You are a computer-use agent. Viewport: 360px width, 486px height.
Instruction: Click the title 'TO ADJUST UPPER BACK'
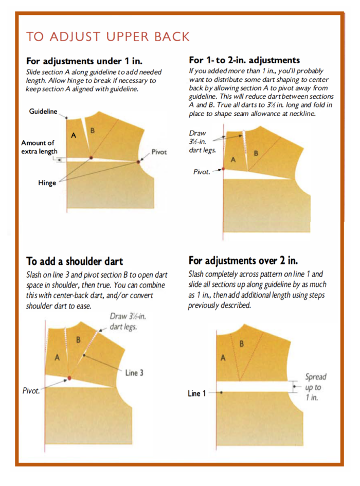click(107, 37)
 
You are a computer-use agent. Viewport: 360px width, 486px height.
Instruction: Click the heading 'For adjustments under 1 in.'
click(84, 61)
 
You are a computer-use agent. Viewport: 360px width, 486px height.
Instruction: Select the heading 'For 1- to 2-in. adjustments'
click(244, 60)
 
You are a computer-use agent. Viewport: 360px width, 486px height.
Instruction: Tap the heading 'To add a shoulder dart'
click(75, 261)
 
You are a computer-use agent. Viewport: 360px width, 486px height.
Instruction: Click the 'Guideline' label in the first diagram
click(43, 111)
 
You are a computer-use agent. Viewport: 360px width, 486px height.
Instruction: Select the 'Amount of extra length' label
click(38, 147)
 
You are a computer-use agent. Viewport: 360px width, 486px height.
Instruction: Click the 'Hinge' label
click(47, 183)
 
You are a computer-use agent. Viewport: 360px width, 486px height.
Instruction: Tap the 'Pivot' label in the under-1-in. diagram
click(159, 152)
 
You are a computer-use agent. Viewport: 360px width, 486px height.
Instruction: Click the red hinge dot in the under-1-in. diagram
click(91, 157)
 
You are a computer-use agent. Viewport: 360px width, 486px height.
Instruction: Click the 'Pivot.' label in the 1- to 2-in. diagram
click(202, 172)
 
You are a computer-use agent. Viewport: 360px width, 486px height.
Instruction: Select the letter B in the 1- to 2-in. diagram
click(256, 153)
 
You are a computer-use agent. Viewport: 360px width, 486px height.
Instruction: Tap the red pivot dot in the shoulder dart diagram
click(69, 379)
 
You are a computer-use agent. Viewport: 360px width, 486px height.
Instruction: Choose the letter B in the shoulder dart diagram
click(79, 340)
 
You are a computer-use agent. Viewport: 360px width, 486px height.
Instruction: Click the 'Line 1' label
click(197, 393)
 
